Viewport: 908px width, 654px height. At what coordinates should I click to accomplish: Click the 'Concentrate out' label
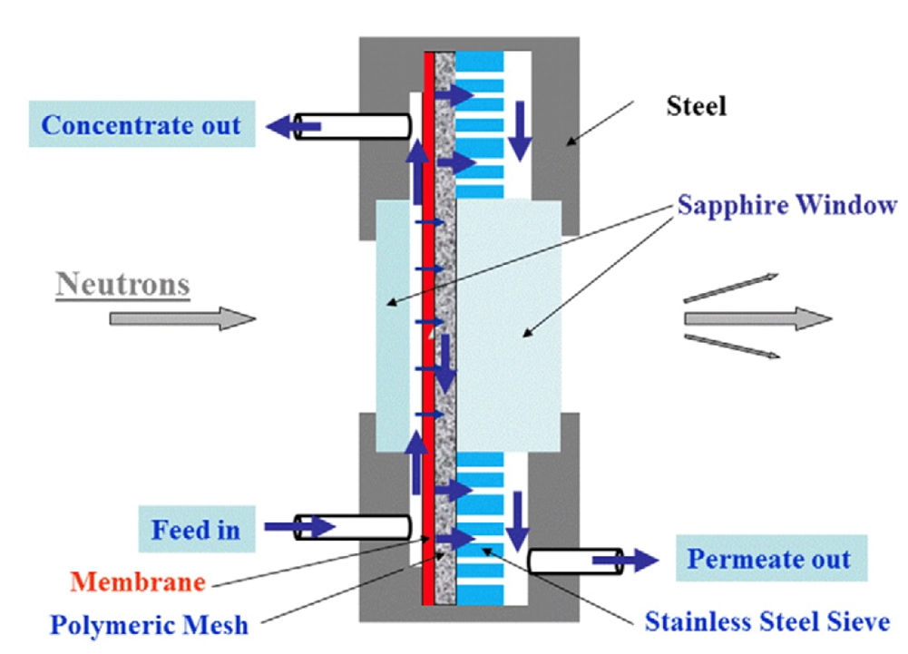point(142,124)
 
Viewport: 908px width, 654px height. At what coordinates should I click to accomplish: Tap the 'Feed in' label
point(195,529)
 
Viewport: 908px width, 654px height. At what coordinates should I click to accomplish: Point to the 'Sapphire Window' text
point(786,205)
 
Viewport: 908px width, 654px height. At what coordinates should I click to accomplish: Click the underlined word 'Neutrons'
point(123,285)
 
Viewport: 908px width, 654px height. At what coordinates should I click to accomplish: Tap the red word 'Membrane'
point(138,581)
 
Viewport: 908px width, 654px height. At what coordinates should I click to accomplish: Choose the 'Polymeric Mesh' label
point(149,625)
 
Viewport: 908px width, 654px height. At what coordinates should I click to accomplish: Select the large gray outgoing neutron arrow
point(757,318)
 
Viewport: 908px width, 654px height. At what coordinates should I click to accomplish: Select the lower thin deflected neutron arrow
point(731,347)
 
